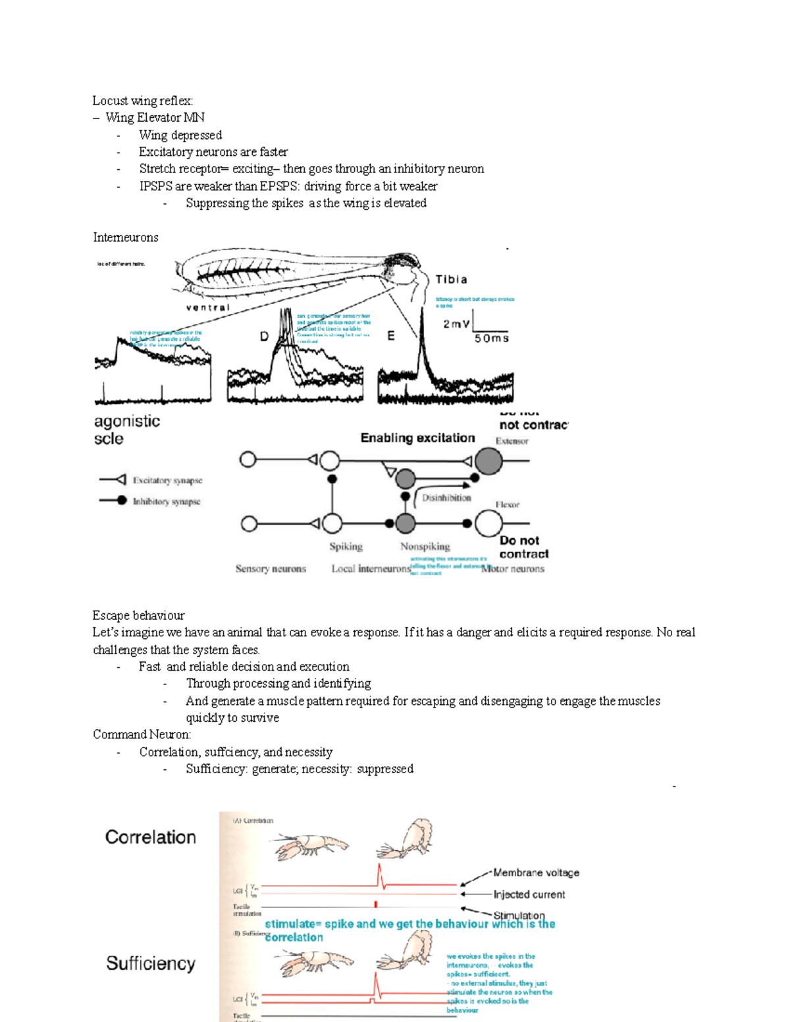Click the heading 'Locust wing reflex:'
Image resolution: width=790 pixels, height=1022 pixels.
pyautogui.click(x=142, y=101)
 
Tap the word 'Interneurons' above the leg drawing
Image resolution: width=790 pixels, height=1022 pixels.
pyautogui.click(x=126, y=238)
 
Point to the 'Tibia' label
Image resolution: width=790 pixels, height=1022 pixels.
pyautogui.click(x=452, y=280)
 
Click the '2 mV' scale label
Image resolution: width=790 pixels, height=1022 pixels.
pyautogui.click(x=456, y=324)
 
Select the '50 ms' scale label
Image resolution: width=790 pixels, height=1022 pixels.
pyautogui.click(x=492, y=338)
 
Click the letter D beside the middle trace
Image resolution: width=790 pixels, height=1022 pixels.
pyautogui.click(x=264, y=336)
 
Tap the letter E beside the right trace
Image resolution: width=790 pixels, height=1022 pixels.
pyautogui.click(x=390, y=336)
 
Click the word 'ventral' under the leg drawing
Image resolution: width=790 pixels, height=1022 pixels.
pyautogui.click(x=208, y=307)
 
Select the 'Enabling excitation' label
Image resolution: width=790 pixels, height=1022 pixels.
pyautogui.click(x=417, y=438)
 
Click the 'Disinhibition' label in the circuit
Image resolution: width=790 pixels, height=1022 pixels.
pyautogui.click(x=446, y=498)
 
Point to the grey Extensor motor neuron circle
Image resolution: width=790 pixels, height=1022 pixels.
pyautogui.click(x=488, y=461)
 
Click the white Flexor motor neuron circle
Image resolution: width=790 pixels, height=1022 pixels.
pyautogui.click(x=488, y=524)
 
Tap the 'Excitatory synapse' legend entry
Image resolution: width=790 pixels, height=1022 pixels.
pyautogui.click(x=167, y=480)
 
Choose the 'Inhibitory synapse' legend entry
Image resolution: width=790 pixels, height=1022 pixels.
pyautogui.click(x=166, y=501)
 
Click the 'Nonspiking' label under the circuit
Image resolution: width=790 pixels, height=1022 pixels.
pyautogui.click(x=425, y=546)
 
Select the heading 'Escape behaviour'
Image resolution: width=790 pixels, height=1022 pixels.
pyautogui.click(x=138, y=615)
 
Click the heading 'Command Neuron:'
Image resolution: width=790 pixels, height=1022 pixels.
pyautogui.click(x=142, y=734)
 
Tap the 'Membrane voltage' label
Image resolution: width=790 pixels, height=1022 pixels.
pyautogui.click(x=536, y=873)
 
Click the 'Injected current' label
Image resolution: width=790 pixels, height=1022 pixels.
pyautogui.click(x=529, y=894)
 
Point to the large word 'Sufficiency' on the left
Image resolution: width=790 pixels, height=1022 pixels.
pyautogui.click(x=151, y=963)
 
